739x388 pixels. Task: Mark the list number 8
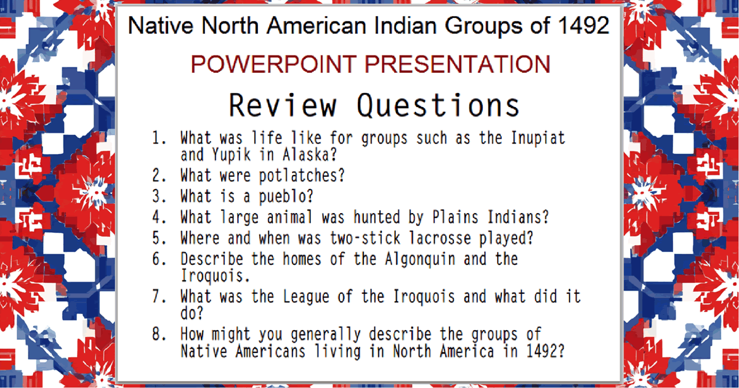pos(160,334)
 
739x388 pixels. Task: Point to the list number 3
pos(160,196)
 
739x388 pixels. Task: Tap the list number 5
pos(160,238)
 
